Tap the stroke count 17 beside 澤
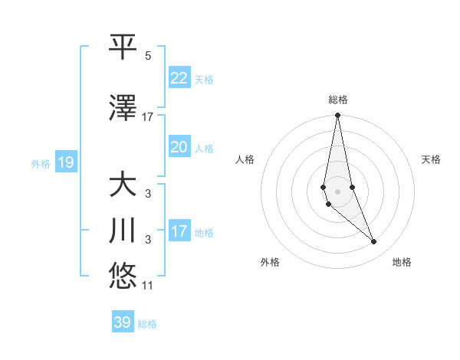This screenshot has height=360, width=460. (148, 117)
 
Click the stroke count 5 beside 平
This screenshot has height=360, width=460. (148, 56)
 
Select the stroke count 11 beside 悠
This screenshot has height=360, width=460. (148, 286)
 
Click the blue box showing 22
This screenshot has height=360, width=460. (179, 77)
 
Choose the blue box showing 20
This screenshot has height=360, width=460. (179, 147)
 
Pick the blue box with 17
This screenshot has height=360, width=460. (179, 231)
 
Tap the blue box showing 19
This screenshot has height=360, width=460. (65, 162)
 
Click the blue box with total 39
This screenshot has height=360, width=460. (123, 322)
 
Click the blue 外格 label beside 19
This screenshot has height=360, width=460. (41, 163)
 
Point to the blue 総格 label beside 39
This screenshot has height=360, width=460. (148, 324)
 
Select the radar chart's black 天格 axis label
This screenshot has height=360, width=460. (431, 159)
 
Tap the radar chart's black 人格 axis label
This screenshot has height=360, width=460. (245, 159)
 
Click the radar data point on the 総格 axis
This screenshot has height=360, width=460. (337, 116)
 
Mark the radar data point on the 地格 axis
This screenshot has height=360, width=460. (373, 242)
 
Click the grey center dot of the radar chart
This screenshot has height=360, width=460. (337, 191)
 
